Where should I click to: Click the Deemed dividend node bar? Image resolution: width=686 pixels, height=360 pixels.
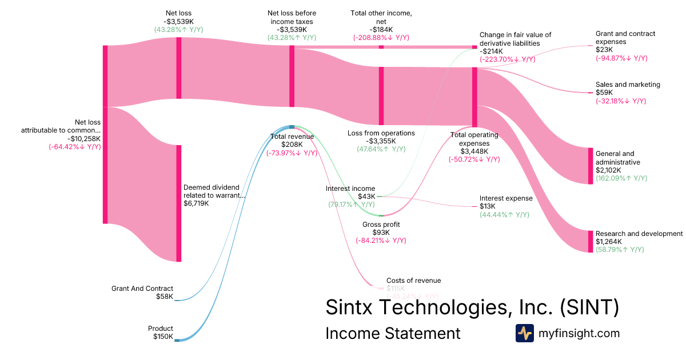point(179,203)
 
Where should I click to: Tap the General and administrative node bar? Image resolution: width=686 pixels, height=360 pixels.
point(591,166)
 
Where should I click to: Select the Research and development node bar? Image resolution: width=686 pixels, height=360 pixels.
point(591,241)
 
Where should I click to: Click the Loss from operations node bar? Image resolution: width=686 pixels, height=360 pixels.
point(381,95)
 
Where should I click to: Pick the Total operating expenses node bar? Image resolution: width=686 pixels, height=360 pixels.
point(474,97)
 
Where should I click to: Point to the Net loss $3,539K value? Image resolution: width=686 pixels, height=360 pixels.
point(179,21)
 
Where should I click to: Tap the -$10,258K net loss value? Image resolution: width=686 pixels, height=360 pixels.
point(83,138)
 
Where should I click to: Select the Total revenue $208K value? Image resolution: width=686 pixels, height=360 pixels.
point(292,145)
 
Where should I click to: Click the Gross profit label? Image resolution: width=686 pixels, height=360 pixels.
point(381,225)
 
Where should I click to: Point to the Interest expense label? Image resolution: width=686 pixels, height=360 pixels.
point(506,198)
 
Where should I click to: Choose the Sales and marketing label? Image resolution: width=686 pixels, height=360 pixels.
point(628,85)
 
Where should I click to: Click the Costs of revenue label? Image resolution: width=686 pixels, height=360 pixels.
point(414,281)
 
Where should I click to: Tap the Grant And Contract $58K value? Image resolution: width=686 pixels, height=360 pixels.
point(164,297)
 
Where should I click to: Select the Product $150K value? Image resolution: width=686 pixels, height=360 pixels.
point(163,337)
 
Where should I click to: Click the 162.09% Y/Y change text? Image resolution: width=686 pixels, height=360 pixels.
point(621,178)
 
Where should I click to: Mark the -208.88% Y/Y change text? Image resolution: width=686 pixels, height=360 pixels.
point(381,38)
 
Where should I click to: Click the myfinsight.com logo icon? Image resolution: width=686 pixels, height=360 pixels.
point(524,333)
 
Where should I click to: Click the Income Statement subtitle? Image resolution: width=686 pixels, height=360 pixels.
point(393,334)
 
